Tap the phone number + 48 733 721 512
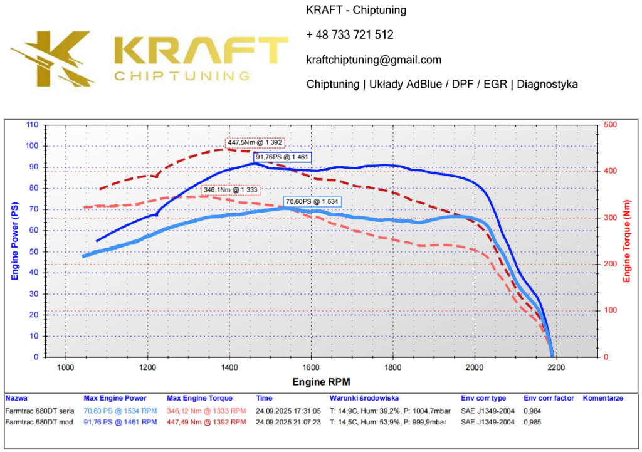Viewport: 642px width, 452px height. (350, 35)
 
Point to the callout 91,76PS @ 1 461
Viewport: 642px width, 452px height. (282, 157)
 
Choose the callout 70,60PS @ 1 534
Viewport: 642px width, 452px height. (312, 202)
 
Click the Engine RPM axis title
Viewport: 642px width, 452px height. (321, 382)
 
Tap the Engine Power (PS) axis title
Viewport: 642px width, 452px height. (14, 240)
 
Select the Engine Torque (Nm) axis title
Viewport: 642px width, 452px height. (626, 240)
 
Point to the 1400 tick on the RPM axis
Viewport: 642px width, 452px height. (229, 367)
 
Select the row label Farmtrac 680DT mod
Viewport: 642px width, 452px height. (39, 422)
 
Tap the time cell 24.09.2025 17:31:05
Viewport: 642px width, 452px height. (288, 411)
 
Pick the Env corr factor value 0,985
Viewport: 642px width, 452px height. (532, 422)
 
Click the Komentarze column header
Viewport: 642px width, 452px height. (603, 398)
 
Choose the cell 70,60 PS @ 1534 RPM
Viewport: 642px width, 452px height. (120, 411)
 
